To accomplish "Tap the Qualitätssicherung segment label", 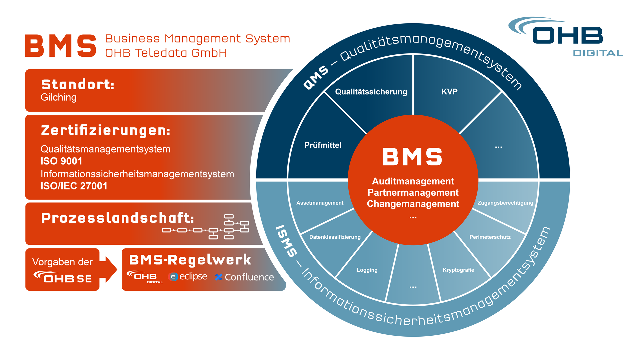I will point(371,92).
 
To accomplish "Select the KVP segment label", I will point(449,92).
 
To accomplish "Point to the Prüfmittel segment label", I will point(323,145).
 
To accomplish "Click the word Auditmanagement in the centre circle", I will point(413,181).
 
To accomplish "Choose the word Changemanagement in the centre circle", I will point(413,204).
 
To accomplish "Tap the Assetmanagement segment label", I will point(320,203).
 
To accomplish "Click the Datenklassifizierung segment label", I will point(335,237).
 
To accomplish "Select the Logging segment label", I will point(367,270).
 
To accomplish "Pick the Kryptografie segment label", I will point(458,270).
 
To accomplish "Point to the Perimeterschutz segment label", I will point(490,237).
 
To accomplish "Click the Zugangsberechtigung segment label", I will point(505,203).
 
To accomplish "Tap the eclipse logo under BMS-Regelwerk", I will point(188,277).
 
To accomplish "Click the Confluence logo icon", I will point(219,277).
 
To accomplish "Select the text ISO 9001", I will point(61,161).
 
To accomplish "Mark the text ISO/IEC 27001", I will point(74,186).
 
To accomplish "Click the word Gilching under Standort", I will point(59,97).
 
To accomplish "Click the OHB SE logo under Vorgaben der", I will point(62,277).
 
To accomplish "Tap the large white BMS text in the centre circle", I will point(412,157).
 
